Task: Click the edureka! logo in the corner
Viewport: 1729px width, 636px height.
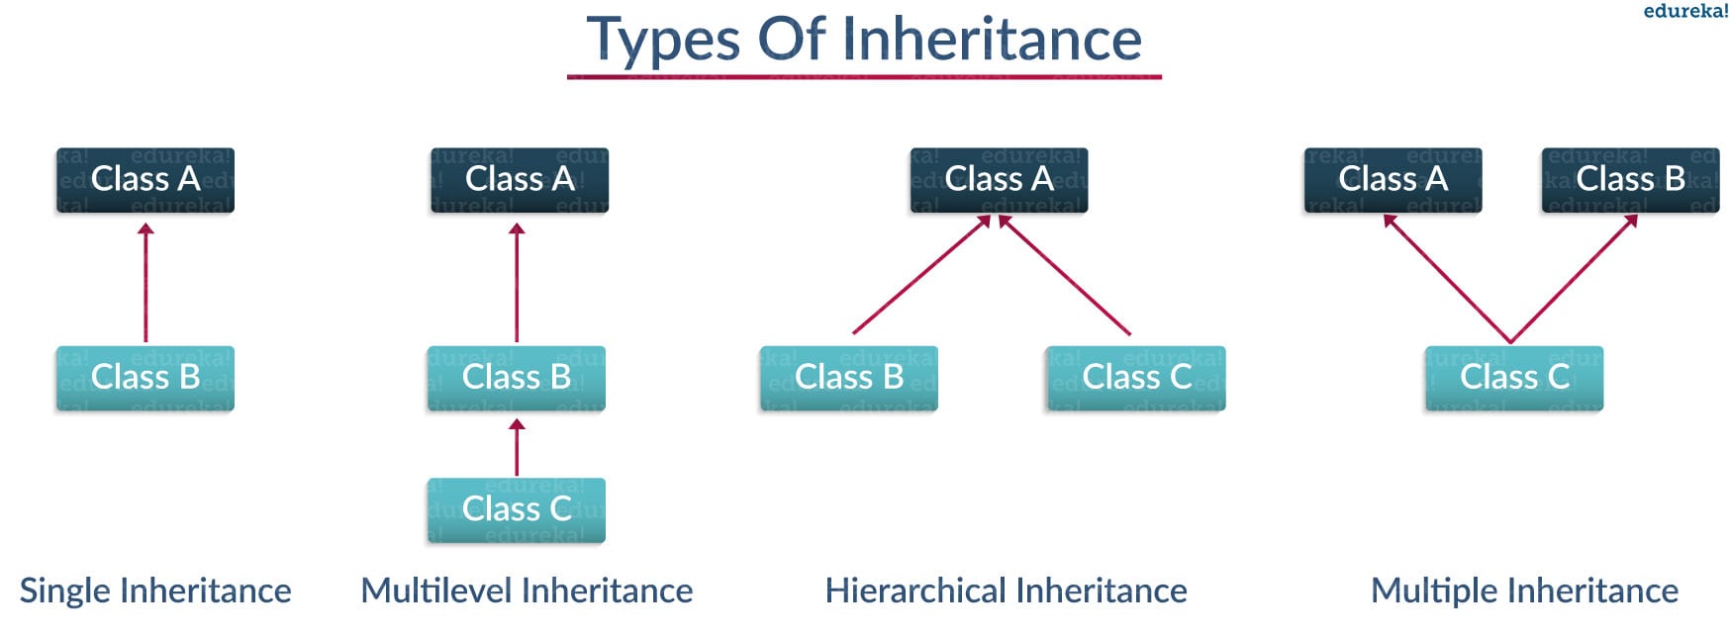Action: point(1685,11)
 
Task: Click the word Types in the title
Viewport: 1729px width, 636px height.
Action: point(663,41)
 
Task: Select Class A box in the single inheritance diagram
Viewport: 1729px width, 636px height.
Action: point(145,180)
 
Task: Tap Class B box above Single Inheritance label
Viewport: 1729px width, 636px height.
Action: point(145,378)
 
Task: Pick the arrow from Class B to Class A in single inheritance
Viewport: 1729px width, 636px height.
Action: point(145,282)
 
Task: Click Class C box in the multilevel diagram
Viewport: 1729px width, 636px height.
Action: point(516,509)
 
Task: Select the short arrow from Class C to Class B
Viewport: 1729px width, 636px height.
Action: point(516,446)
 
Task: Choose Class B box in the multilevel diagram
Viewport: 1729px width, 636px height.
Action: point(516,378)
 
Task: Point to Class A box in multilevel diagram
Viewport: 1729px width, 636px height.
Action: point(520,180)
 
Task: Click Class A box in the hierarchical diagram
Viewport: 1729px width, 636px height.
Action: point(999,180)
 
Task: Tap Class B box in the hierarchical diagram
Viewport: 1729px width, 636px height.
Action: point(848,378)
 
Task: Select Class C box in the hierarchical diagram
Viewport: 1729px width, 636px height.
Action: point(1136,378)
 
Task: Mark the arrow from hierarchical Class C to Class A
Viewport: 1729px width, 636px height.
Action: point(1064,274)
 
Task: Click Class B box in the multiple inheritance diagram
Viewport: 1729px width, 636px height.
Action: point(1630,180)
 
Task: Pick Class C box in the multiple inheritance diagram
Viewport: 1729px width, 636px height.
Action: point(1514,378)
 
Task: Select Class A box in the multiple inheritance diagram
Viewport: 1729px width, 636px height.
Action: point(1393,180)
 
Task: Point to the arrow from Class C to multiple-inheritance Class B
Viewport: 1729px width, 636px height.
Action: point(1574,278)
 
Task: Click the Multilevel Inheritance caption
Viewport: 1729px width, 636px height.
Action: point(527,591)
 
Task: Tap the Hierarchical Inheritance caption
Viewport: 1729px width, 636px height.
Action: point(1006,591)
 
